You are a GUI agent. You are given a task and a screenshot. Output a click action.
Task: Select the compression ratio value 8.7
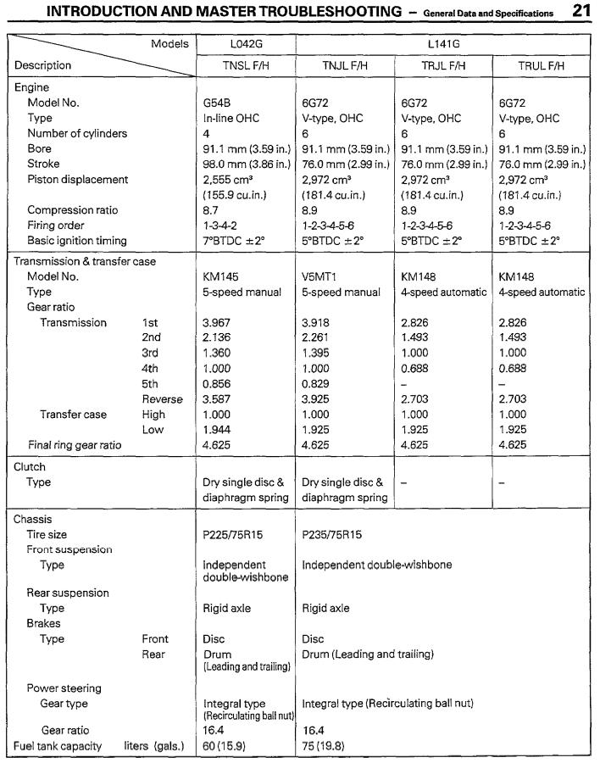tap(212, 209)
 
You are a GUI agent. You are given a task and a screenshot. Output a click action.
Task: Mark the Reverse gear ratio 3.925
tap(317, 398)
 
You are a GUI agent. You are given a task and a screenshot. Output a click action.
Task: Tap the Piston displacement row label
tap(77, 179)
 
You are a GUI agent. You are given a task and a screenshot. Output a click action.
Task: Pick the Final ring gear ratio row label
tap(74, 444)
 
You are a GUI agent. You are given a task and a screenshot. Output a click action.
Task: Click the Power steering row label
tap(64, 688)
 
